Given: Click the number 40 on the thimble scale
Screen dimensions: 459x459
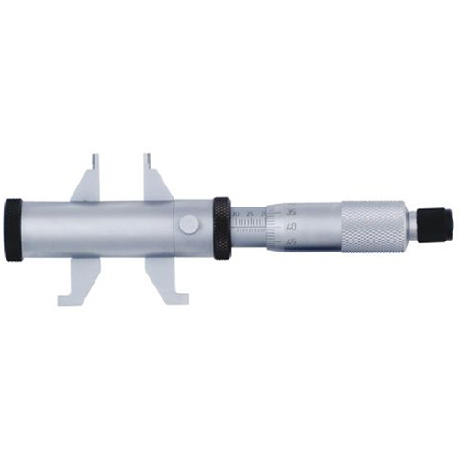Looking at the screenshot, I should [x=291, y=225].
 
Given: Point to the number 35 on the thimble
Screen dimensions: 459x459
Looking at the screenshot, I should [x=291, y=210].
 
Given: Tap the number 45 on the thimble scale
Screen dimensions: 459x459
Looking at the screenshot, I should [x=291, y=241].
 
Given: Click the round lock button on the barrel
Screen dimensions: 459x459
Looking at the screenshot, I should [x=188, y=225].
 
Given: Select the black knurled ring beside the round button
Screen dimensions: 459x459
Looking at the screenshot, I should [x=222, y=227].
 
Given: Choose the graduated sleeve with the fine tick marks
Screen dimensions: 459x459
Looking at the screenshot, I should [x=250, y=228].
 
